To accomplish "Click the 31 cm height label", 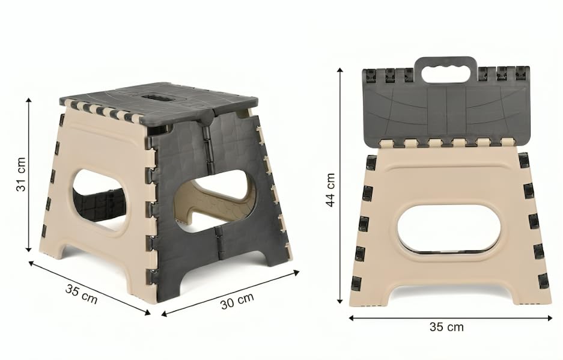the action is pyautogui.click(x=21, y=174).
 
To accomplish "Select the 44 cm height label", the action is pyautogui.click(x=330, y=190).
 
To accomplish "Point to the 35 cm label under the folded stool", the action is pyautogui.click(x=446, y=327).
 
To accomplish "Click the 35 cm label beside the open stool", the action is pyautogui.click(x=82, y=293).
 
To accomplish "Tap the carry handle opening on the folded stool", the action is pyautogui.click(x=446, y=75).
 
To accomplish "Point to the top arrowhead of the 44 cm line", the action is pyautogui.click(x=339, y=70).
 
